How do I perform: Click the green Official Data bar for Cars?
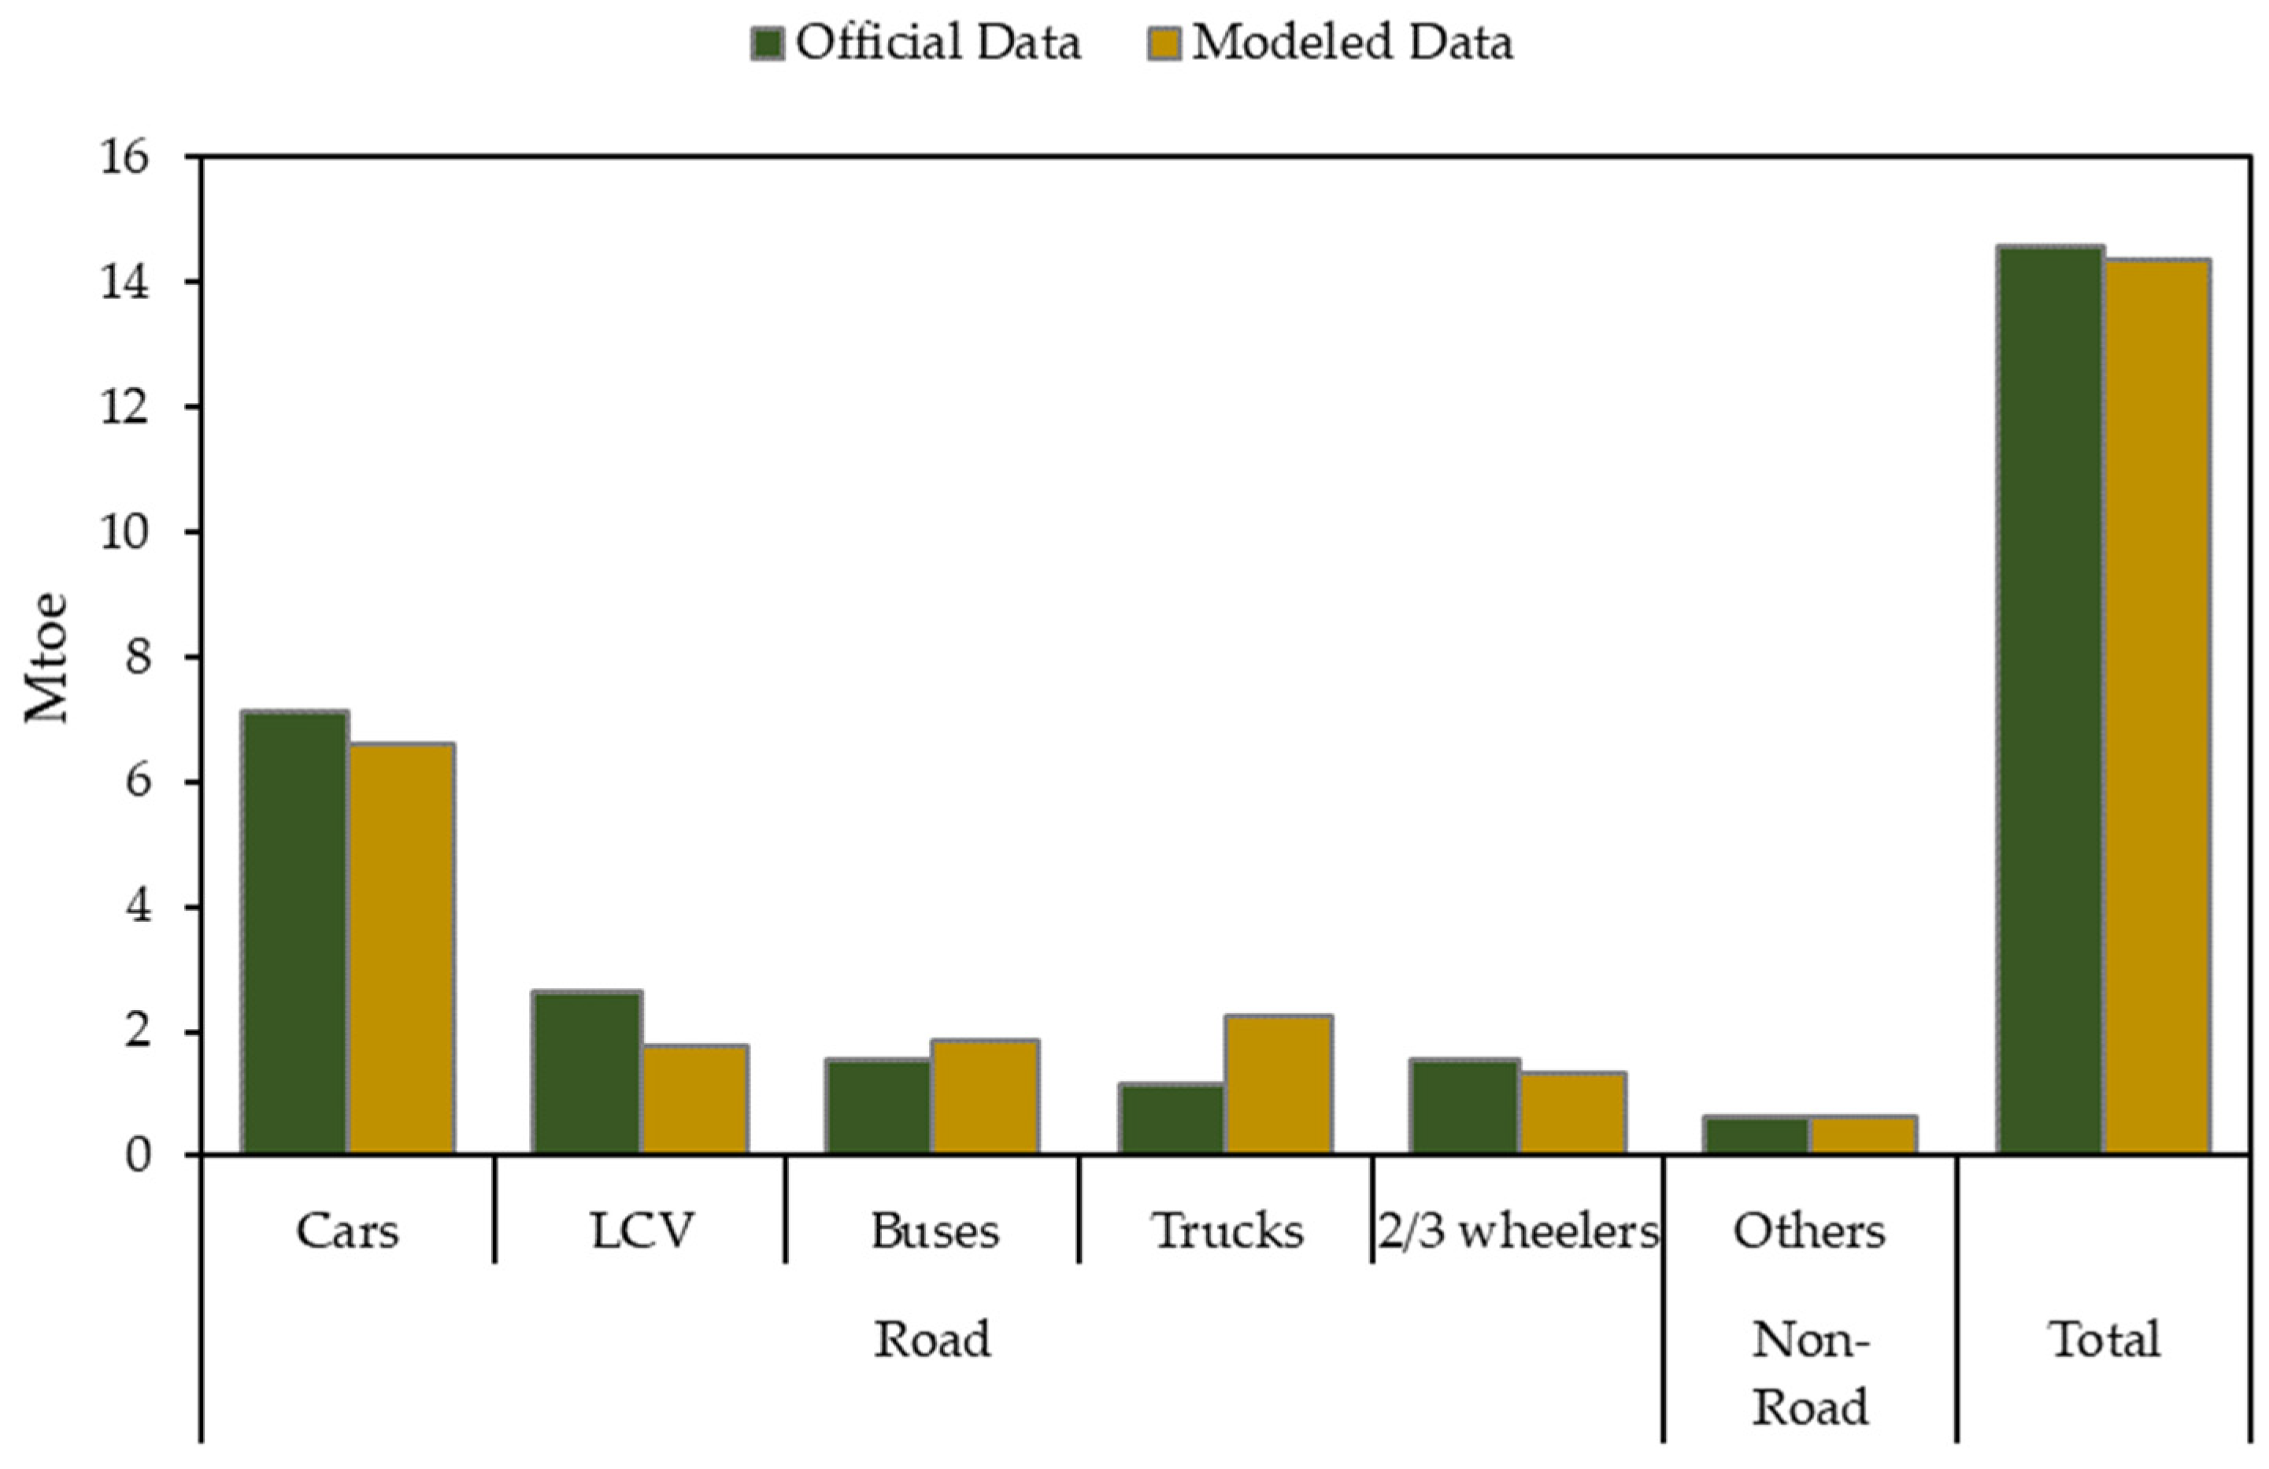pos(294,932)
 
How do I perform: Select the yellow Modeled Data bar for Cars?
pos(401,949)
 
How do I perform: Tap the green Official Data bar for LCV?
pos(587,1072)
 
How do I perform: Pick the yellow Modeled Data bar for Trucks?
pos(1279,1085)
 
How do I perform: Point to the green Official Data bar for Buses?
pos(879,1107)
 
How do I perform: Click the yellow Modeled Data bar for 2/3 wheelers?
pos(1573,1113)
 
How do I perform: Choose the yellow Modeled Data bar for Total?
pos(2157,706)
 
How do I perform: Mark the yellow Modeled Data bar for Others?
pos(1864,1134)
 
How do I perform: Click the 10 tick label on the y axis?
pos(125,532)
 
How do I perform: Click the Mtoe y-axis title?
pos(46,658)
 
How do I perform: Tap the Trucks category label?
pos(1228,1230)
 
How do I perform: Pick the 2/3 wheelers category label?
pos(1519,1231)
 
